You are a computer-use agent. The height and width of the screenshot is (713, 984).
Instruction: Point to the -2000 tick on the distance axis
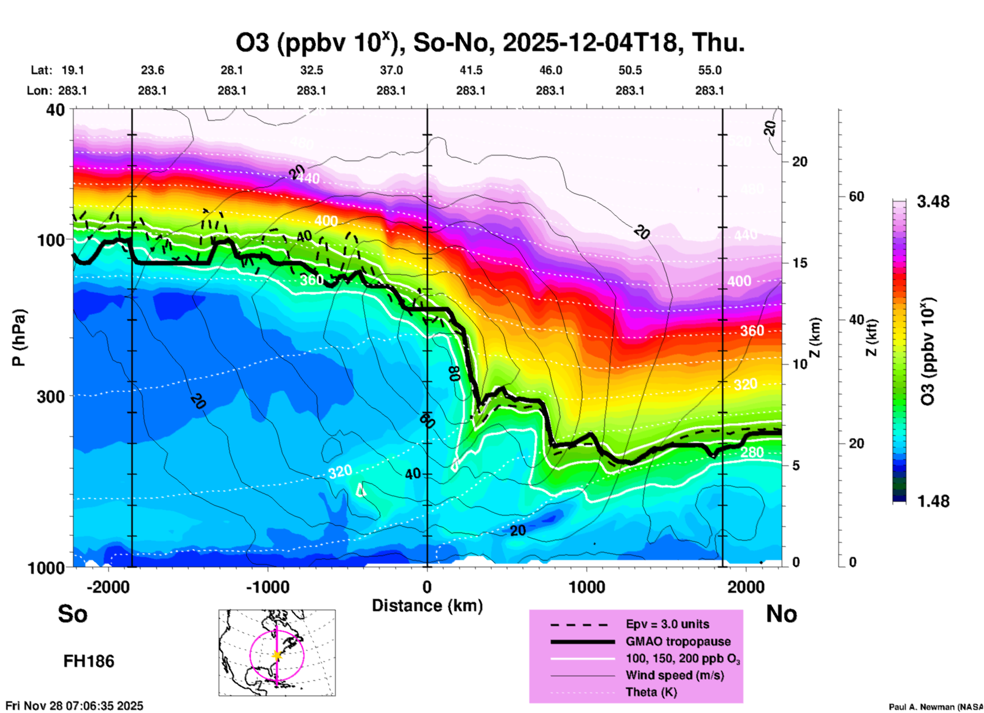[x=108, y=587]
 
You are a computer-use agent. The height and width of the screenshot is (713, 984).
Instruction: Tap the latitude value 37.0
[x=391, y=70]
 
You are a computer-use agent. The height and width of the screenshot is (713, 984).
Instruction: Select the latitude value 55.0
[x=710, y=70]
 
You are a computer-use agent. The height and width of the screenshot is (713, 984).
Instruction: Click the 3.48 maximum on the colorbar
[x=933, y=202]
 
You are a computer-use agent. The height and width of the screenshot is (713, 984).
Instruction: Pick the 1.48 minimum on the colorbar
[x=933, y=501]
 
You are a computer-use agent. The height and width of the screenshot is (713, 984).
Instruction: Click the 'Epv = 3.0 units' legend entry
[x=667, y=624]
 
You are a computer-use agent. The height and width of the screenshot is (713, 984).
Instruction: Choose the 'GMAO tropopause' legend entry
[x=678, y=641]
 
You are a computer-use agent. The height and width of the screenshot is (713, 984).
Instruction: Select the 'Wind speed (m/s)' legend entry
[x=674, y=675]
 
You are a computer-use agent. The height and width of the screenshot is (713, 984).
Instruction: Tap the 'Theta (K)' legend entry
[x=651, y=692]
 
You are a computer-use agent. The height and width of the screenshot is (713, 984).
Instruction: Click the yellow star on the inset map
[x=277, y=655]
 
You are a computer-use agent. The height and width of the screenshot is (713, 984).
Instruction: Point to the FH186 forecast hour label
[x=89, y=661]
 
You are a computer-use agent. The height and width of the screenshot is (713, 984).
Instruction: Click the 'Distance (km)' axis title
[x=427, y=606]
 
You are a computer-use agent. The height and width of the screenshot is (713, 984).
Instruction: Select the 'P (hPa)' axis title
[x=19, y=338]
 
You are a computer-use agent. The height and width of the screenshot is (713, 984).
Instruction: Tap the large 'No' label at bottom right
[x=781, y=614]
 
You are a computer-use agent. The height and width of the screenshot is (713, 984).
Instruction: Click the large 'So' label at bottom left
[x=73, y=614]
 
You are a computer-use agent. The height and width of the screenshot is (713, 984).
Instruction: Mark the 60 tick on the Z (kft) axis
[x=856, y=196]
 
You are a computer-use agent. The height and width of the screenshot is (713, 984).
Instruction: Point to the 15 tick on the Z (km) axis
[x=799, y=263]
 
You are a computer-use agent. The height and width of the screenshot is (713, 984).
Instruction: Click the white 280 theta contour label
[x=752, y=452]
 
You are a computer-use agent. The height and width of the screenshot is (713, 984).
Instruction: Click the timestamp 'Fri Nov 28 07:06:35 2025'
[x=75, y=706]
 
